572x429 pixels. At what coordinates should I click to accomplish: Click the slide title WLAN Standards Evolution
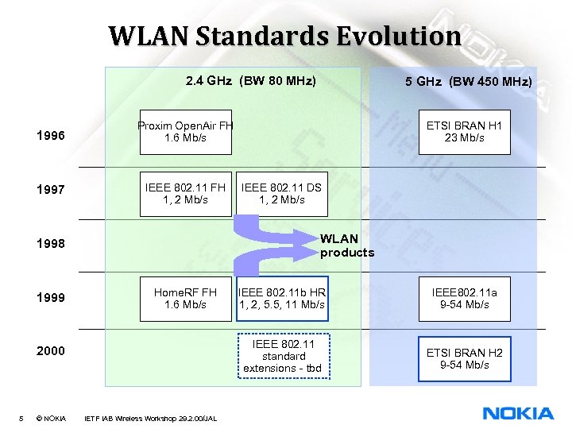284,36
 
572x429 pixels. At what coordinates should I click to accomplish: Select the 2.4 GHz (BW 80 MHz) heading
250,80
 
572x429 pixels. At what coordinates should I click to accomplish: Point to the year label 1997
52,190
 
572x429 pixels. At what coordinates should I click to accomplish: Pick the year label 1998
52,243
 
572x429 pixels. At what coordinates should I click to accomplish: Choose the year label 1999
52,298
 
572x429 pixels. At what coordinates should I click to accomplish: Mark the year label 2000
52,350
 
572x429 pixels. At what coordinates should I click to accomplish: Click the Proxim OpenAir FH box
186,131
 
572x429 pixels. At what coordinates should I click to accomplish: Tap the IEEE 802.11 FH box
186,193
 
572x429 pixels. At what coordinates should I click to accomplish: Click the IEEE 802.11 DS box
281,193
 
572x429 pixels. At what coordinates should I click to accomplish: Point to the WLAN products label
346,245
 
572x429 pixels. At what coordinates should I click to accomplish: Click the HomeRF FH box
186,298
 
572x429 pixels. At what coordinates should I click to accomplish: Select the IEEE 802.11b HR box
281,298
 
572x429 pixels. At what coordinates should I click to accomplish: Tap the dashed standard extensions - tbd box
281,356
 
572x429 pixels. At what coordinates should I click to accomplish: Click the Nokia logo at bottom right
518,413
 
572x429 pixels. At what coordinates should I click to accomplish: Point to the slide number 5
21,418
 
